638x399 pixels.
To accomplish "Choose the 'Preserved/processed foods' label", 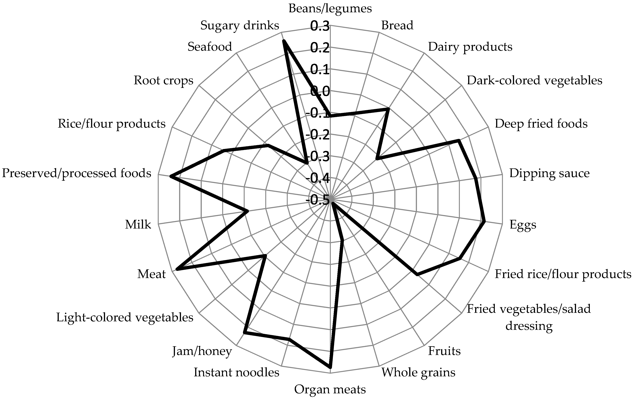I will pos(77,173).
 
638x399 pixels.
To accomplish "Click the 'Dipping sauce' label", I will pos(549,173).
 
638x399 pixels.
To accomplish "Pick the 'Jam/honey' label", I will pos(202,351).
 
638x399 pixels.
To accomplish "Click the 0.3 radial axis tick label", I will pos(320,26).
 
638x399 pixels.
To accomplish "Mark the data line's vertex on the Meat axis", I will pos(176,269).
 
